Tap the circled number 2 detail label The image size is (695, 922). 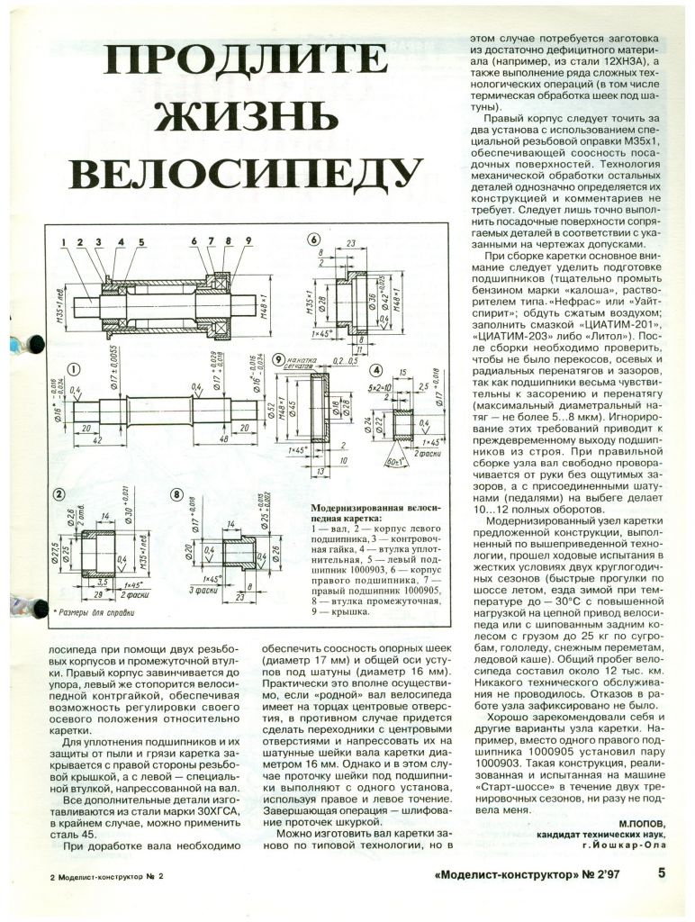click(59, 493)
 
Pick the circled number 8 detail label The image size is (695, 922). click(176, 493)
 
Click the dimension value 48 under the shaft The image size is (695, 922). click(224, 440)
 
